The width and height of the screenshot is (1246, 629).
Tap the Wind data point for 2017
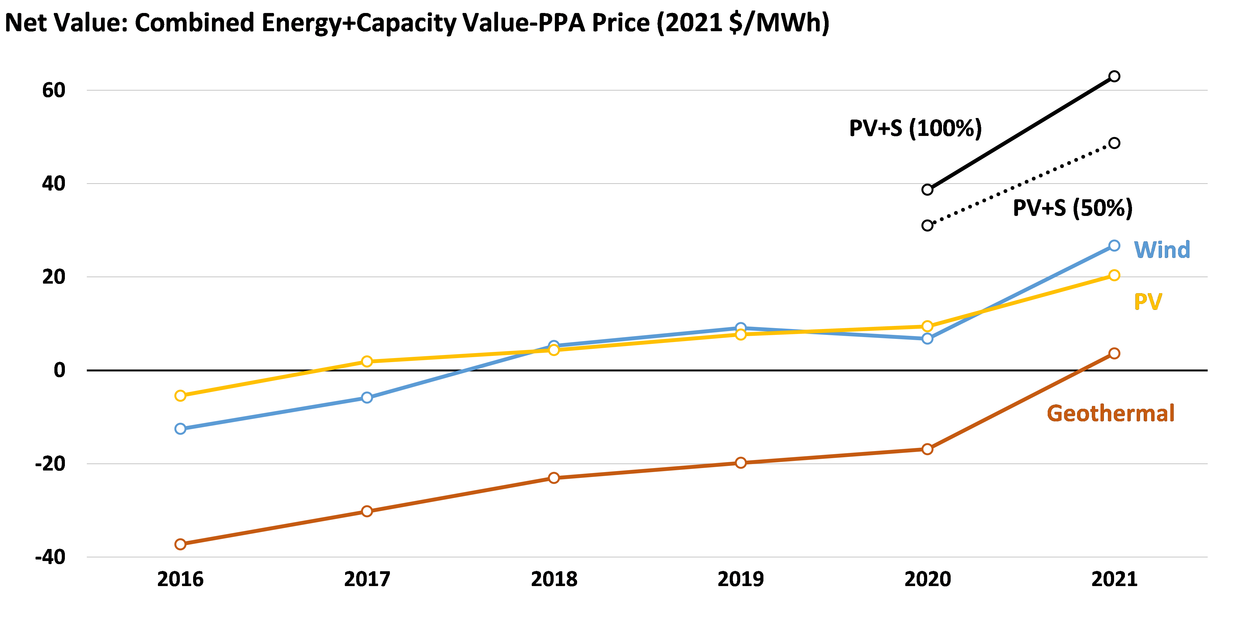point(367,397)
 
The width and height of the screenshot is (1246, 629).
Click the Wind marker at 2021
point(1114,246)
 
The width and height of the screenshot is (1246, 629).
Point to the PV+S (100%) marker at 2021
point(1114,76)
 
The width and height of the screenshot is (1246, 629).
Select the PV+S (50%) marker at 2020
point(927,226)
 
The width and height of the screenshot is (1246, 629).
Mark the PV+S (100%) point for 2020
point(927,190)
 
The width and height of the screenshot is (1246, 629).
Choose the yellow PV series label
point(1148,302)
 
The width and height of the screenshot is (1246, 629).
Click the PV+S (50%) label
point(1072,208)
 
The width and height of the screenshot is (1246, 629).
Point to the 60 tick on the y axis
point(54,90)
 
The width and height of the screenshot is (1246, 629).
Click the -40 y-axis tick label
point(50,557)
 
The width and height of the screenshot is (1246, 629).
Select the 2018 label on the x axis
point(554,579)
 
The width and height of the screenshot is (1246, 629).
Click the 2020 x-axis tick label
point(927,579)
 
